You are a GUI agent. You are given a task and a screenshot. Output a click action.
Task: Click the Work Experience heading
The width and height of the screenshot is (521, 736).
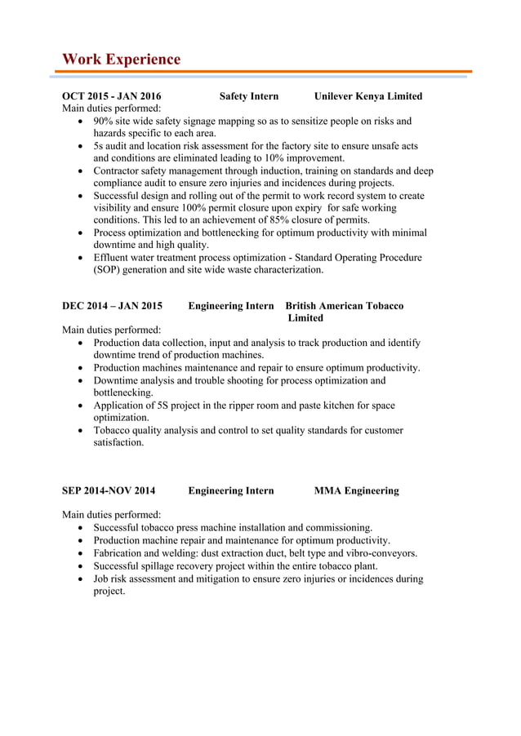click(x=121, y=60)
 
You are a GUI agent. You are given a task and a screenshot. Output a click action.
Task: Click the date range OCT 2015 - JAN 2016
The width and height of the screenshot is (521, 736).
click(x=111, y=96)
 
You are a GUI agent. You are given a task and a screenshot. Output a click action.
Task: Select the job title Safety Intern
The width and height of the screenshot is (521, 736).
click(x=249, y=96)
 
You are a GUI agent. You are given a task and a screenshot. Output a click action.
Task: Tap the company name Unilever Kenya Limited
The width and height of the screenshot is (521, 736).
click(x=368, y=96)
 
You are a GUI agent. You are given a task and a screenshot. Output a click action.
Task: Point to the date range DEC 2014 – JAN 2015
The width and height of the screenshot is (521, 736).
click(x=112, y=306)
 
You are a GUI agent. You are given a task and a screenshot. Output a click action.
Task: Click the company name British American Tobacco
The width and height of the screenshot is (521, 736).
click(x=344, y=306)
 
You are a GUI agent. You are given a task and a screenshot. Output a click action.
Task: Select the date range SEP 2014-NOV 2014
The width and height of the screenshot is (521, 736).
click(x=109, y=490)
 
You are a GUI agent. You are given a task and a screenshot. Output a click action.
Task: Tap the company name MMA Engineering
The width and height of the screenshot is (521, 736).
click(x=357, y=490)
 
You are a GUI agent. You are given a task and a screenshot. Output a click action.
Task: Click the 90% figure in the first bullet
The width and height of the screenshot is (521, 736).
click(x=104, y=121)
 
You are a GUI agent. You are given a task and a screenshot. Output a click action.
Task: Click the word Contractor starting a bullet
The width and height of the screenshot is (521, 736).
click(x=120, y=171)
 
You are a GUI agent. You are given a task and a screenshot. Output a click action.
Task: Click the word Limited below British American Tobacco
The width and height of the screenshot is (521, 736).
click(x=305, y=318)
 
